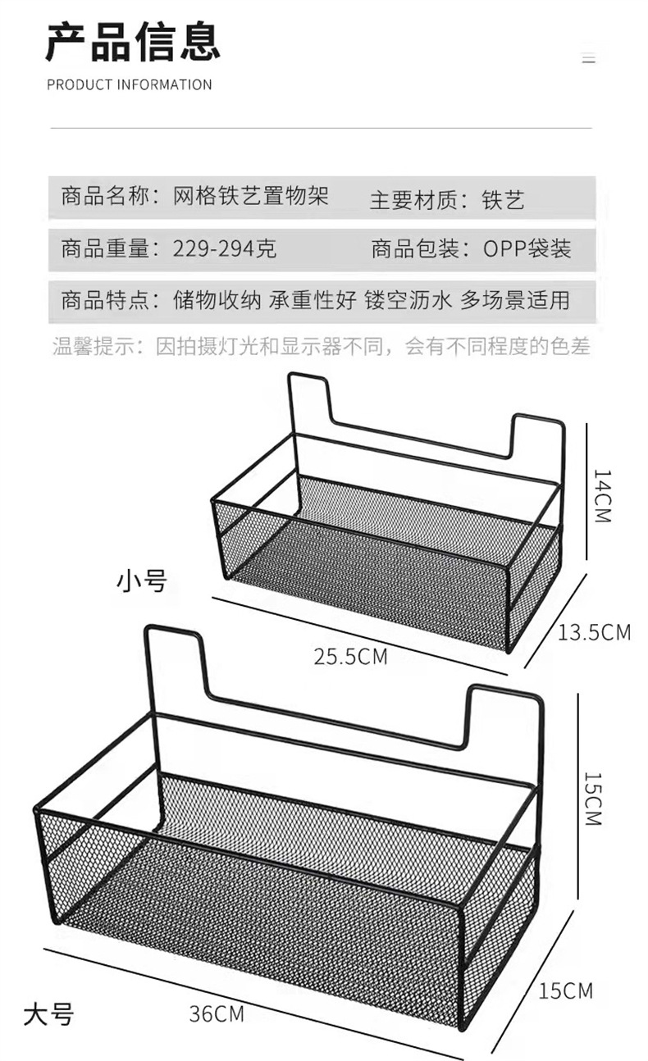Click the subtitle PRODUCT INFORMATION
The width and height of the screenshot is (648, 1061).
click(129, 84)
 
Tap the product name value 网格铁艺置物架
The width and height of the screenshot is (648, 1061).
click(251, 197)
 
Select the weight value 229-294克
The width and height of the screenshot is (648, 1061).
click(224, 248)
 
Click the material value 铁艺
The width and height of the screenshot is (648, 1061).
click(503, 199)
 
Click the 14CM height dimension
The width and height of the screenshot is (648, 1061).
click(602, 496)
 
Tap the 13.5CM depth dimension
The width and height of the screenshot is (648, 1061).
click(595, 632)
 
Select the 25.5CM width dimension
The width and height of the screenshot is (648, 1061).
click(350, 656)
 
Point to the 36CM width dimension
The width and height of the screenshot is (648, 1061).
click(217, 1014)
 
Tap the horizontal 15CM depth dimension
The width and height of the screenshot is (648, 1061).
click(566, 990)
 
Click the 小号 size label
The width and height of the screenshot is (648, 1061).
click(141, 581)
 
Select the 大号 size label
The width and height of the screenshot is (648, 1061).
click(48, 1014)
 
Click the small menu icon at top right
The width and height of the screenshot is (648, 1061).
click(588, 59)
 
